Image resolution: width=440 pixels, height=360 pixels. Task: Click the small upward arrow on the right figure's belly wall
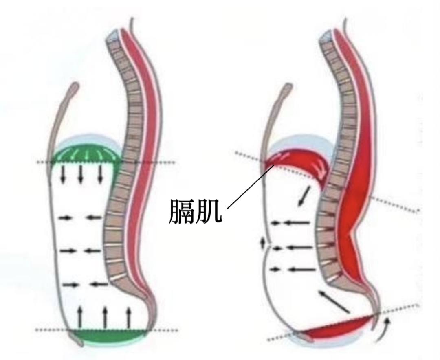click(263, 243)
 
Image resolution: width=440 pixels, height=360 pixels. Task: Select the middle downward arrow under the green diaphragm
click(81, 175)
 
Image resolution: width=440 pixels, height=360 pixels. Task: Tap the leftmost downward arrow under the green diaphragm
click(63, 175)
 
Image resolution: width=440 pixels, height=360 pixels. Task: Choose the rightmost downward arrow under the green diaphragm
click(100, 175)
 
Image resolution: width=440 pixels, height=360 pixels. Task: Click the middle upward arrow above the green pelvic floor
click(105, 317)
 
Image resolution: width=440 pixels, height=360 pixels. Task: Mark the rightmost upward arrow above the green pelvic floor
click(128, 317)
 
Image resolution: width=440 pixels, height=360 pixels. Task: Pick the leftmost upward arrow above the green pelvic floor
click(80, 317)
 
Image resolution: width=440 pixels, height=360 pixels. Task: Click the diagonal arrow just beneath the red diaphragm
click(304, 195)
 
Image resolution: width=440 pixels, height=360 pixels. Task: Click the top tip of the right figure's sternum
click(289, 85)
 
